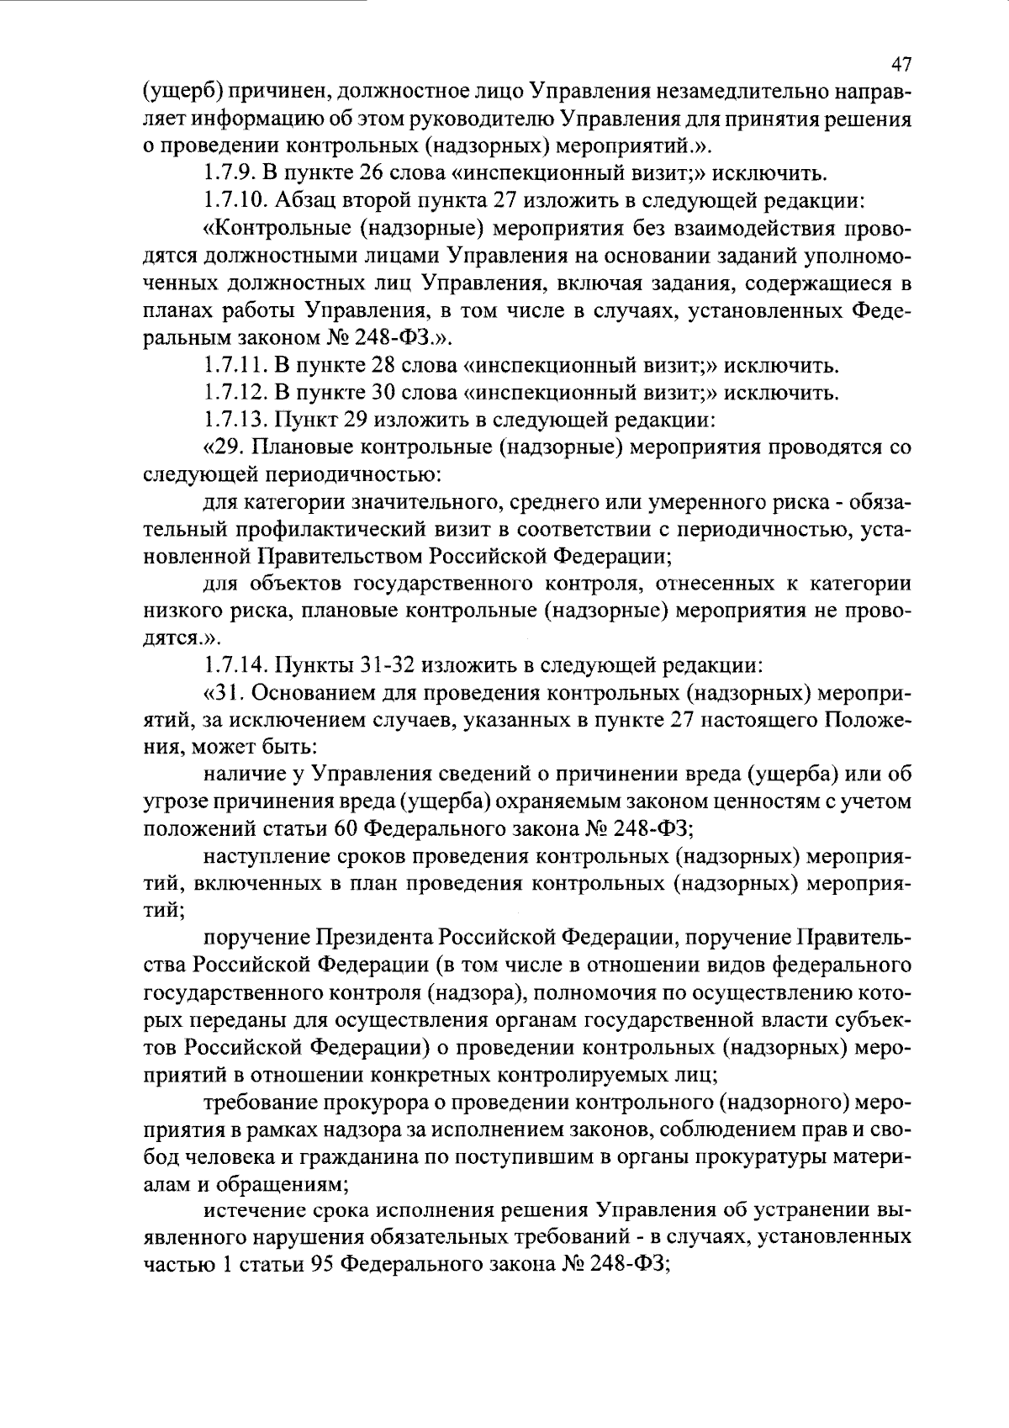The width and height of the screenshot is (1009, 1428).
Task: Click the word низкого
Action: (x=179, y=611)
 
